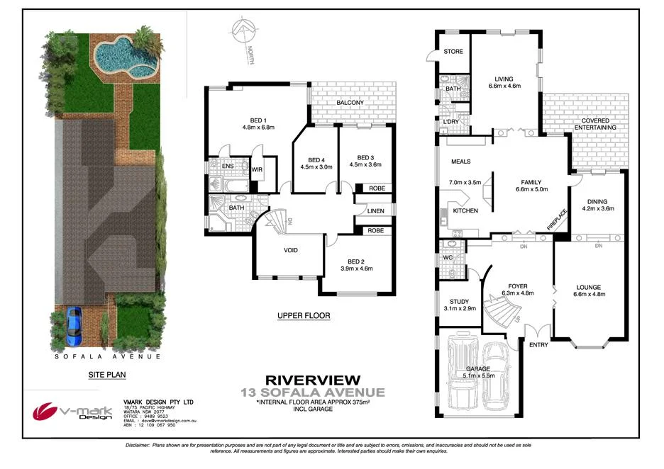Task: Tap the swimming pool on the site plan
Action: pos(116,57)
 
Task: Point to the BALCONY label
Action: pos(350,103)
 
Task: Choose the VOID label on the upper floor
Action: pos(290,250)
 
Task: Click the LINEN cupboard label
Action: pos(375,210)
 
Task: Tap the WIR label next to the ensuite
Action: pos(258,169)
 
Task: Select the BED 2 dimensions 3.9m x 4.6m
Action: pos(357,269)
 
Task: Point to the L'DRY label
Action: pos(451,122)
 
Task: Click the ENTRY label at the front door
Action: pos(539,344)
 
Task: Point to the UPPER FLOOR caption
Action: pos(304,315)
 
